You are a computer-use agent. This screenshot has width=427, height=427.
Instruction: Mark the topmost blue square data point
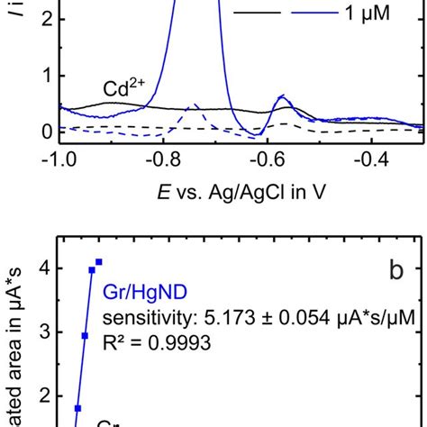click(x=99, y=262)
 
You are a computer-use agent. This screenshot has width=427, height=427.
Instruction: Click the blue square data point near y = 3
click(x=85, y=336)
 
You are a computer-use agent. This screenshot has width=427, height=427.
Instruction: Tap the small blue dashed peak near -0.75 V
click(x=193, y=108)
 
